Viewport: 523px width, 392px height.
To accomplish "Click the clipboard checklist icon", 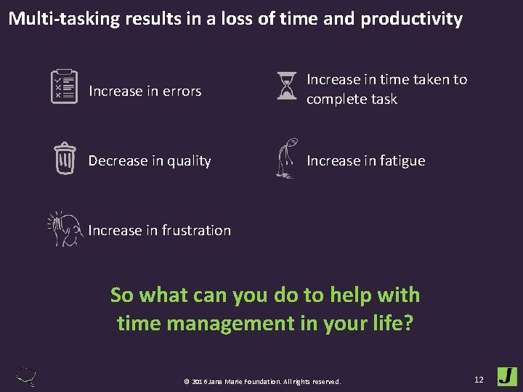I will pyautogui.click(x=64, y=86).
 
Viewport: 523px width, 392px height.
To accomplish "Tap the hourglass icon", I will pyautogui.click(x=287, y=86).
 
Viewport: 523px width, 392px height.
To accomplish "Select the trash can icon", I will pyautogui.click(x=65, y=158).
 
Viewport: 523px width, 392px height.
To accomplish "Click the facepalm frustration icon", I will pyautogui.click(x=65, y=229).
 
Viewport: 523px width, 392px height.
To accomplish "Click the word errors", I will pyautogui.click(x=182, y=91).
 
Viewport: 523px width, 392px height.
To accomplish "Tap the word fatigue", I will pyautogui.click(x=398, y=161).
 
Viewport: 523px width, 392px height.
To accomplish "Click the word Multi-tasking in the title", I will pyautogui.click(x=63, y=19).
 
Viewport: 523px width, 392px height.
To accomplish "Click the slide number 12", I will pyautogui.click(x=479, y=379).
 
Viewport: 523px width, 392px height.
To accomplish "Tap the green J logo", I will pyautogui.click(x=507, y=377).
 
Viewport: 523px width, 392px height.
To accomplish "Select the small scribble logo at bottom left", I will pyautogui.click(x=27, y=377).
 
